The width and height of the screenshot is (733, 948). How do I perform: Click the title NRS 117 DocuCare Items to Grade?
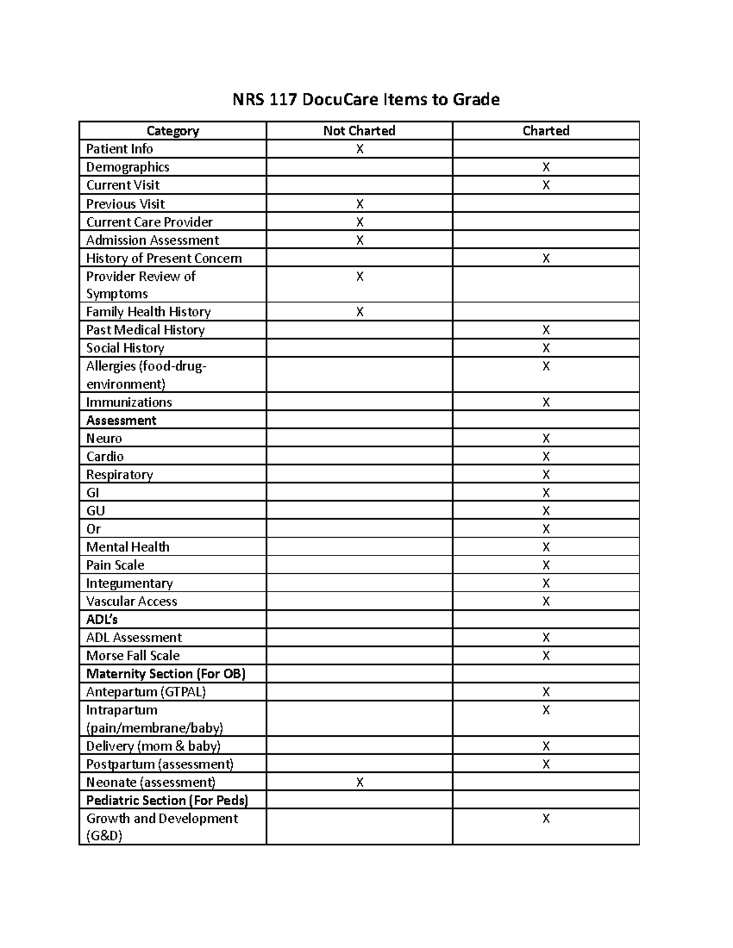pyautogui.click(x=366, y=100)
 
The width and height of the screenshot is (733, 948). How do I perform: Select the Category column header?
pyautogui.click(x=173, y=131)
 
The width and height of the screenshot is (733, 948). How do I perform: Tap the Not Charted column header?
pyautogui.click(x=359, y=131)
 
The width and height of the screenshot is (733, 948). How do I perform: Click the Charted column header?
pyautogui.click(x=545, y=131)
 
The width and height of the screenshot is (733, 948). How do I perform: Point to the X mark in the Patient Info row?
pyautogui.click(x=360, y=149)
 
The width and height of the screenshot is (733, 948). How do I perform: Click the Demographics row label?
pyautogui.click(x=128, y=167)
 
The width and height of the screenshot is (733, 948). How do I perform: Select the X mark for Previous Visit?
pyautogui.click(x=360, y=204)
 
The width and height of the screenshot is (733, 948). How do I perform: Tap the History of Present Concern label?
pyautogui.click(x=164, y=258)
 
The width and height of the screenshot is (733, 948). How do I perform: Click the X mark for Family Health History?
pyautogui.click(x=360, y=312)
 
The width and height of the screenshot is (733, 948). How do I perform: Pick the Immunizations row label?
pyautogui.click(x=129, y=402)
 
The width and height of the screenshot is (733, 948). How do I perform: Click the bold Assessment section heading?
pyautogui.click(x=121, y=421)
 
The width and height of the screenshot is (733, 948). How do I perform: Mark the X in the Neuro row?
pyautogui.click(x=546, y=438)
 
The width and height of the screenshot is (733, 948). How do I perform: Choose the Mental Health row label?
pyautogui.click(x=128, y=547)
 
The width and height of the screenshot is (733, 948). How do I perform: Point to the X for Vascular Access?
pyautogui.click(x=546, y=601)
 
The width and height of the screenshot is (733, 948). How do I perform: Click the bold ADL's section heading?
pyautogui.click(x=102, y=620)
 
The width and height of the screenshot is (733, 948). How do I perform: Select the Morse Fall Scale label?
pyautogui.click(x=133, y=656)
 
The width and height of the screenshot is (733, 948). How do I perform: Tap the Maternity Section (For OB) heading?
pyautogui.click(x=166, y=674)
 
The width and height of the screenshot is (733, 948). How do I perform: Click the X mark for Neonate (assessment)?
pyautogui.click(x=360, y=783)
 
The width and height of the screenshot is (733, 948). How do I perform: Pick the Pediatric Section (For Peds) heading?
pyautogui.click(x=167, y=800)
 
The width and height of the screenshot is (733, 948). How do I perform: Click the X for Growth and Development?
pyautogui.click(x=546, y=819)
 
